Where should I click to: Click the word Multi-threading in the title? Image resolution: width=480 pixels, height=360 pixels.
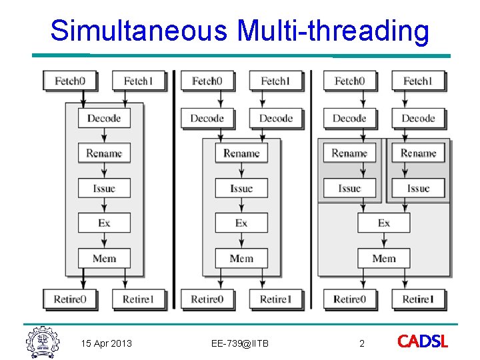[333, 31]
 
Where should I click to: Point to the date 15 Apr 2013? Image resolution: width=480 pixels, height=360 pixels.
[106, 343]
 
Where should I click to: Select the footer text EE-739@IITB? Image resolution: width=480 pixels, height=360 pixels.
[239, 343]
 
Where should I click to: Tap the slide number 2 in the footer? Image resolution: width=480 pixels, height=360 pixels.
[362, 343]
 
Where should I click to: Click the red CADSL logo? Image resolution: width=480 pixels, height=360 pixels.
[423, 342]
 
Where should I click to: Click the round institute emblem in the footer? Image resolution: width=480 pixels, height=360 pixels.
[43, 343]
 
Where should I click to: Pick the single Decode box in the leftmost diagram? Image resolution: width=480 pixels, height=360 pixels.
[104, 119]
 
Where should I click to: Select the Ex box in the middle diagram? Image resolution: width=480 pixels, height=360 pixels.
[241, 223]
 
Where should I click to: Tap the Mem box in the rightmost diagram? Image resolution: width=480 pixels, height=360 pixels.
[384, 258]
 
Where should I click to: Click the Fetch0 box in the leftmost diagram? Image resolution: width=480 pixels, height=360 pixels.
[69, 81]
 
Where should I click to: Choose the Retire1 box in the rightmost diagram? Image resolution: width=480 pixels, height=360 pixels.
[418, 299]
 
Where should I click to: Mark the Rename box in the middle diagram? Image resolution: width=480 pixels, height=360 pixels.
[241, 153]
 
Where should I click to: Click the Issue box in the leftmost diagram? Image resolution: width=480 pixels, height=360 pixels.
[104, 188]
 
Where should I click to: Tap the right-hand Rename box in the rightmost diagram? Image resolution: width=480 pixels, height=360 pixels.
[418, 153]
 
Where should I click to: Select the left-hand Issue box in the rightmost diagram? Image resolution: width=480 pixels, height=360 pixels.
[349, 188]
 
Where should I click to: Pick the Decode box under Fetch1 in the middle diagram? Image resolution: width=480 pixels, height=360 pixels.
[276, 119]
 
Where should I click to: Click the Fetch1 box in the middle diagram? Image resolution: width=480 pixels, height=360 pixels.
[275, 81]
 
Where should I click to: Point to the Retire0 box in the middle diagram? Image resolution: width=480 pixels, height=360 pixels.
[207, 299]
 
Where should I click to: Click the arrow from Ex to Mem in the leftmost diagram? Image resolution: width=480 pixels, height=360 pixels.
[104, 240]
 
